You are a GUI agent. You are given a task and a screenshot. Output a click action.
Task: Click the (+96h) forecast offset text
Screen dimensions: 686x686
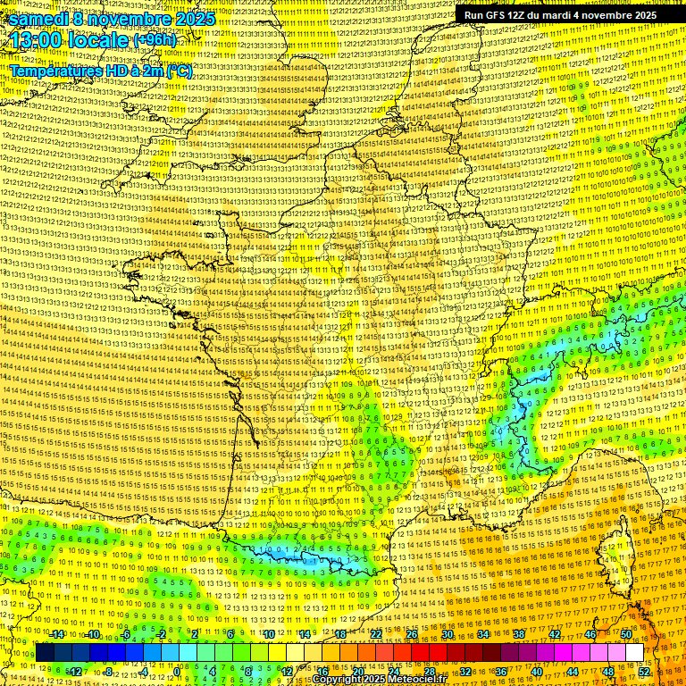[155, 40]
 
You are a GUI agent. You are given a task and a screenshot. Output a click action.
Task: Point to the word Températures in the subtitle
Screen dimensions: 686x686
[52, 70]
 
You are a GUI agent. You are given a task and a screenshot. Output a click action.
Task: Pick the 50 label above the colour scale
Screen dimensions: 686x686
[626, 634]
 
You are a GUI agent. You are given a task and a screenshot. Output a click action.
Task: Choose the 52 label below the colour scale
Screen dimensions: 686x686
[644, 672]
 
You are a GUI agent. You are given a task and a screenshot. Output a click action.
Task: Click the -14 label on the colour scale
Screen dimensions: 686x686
[58, 634]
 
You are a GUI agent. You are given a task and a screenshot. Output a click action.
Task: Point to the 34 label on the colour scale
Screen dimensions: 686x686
[483, 634]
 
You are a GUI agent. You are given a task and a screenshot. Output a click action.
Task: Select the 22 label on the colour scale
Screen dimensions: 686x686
[376, 634]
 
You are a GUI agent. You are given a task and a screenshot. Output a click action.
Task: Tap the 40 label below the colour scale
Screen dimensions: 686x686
[536, 672]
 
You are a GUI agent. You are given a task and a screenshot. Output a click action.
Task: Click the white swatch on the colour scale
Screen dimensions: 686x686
[634, 653]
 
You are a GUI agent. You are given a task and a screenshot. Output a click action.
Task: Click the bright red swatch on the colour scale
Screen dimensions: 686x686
[420, 653]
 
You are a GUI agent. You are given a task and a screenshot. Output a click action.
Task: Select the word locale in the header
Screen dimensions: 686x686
[101, 41]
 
